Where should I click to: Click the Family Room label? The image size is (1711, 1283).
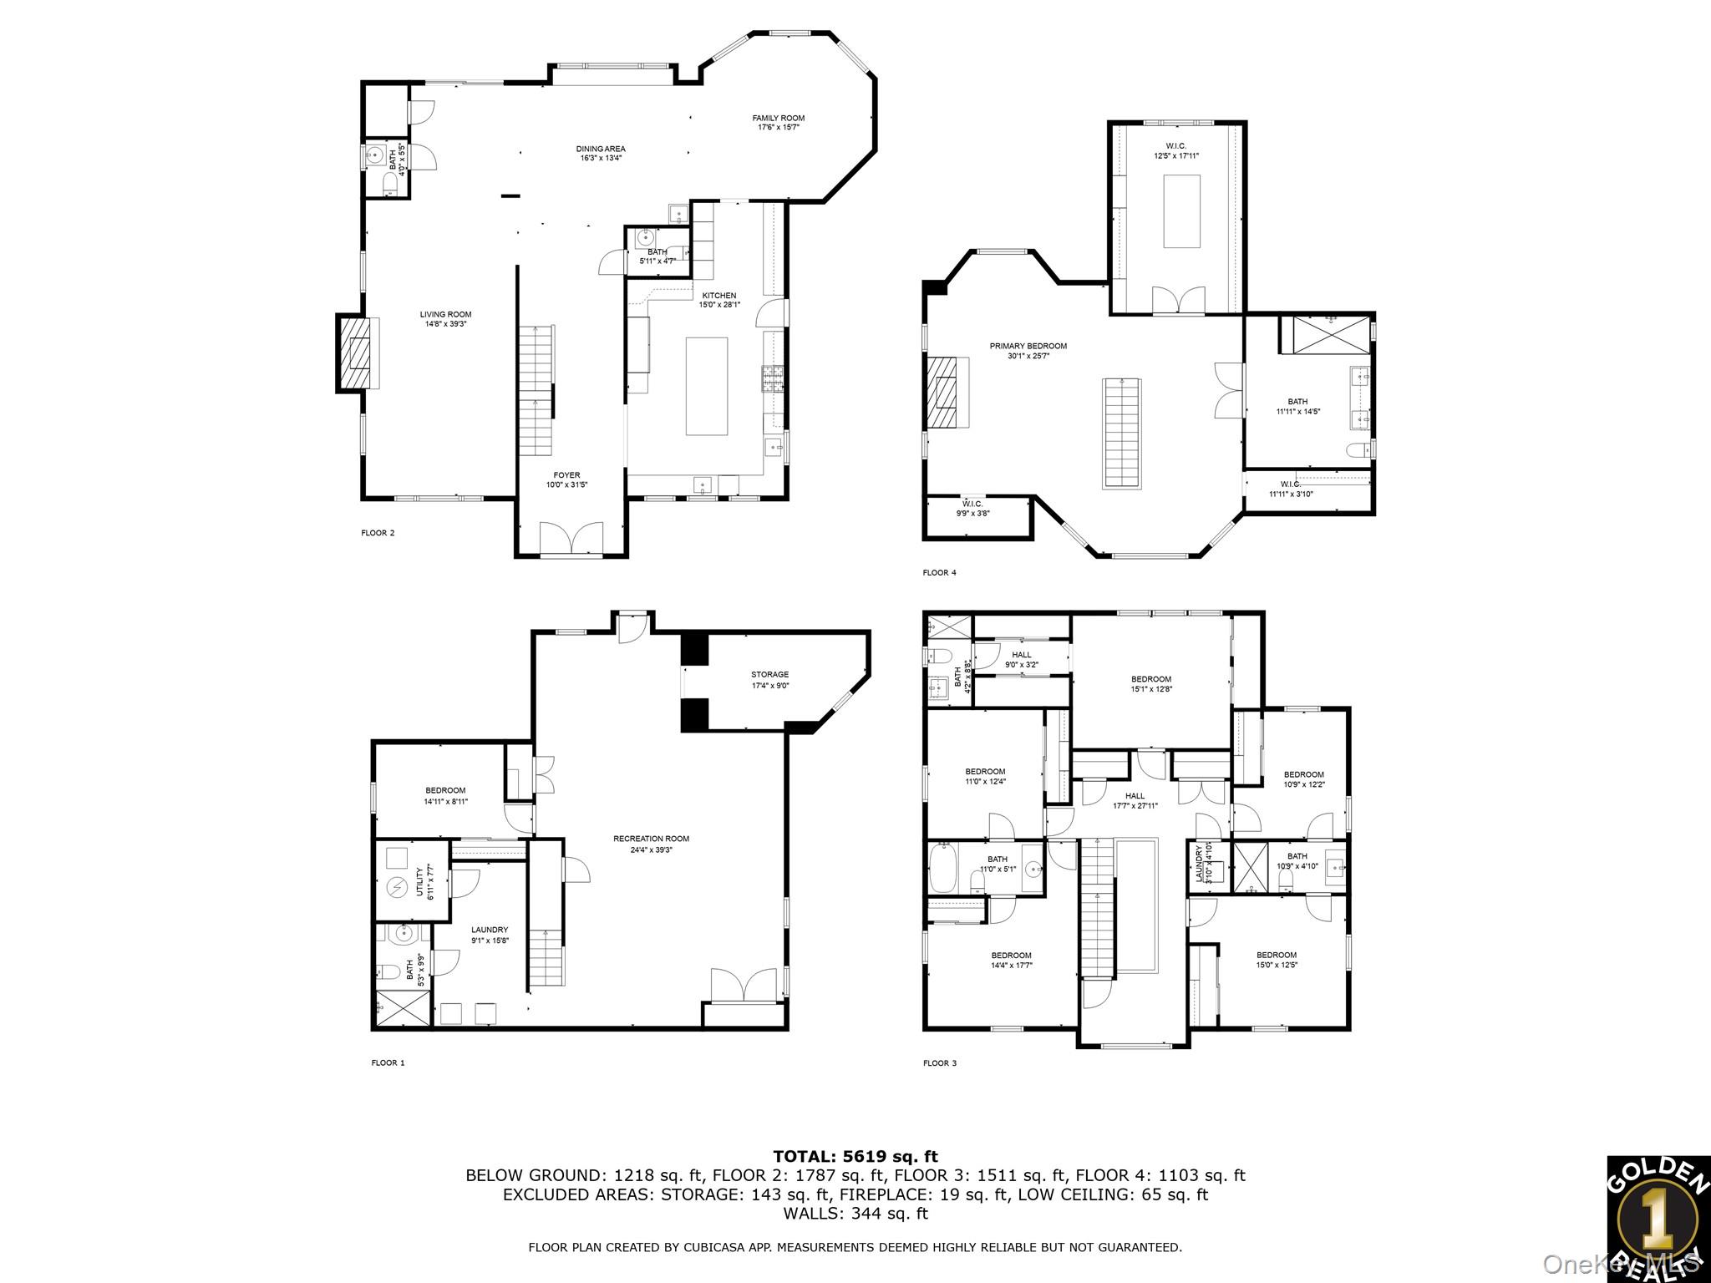coord(778,123)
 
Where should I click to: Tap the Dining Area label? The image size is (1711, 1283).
coord(602,153)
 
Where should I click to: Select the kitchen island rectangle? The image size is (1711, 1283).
coord(707,386)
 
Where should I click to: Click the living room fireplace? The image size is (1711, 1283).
coord(358,353)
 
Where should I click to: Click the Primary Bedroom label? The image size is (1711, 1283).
coord(1028,351)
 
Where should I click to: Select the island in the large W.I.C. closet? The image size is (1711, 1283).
coord(1181,210)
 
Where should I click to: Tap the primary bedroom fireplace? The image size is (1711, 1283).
coord(947,392)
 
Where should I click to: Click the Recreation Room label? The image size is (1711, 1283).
coord(651,844)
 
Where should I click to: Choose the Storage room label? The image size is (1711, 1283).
coord(769,679)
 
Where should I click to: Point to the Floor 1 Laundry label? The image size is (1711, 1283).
coord(489,934)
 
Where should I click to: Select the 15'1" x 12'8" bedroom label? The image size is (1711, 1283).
coord(1150,683)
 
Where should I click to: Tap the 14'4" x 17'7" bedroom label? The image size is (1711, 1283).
coord(1011,960)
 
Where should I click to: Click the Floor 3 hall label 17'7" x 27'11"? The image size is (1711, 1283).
coord(1135,800)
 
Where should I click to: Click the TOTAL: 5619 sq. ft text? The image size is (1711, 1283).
coord(855,1156)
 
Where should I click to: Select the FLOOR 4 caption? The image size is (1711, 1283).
coord(939,573)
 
